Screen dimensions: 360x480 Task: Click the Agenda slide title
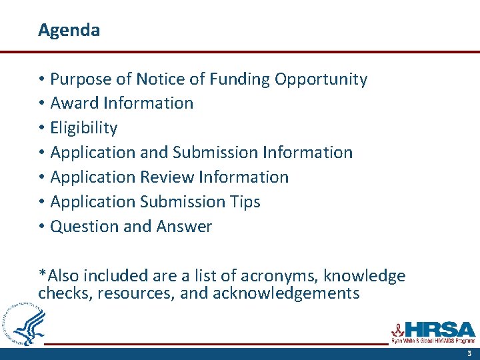[69, 31]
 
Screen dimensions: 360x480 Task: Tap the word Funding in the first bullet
[239, 79]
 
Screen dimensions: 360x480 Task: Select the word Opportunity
[321, 79]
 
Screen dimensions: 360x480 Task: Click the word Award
[72, 103]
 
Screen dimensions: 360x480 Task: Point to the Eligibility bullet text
[84, 128]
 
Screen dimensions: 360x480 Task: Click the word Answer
[184, 226]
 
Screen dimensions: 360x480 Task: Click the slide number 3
[469, 354]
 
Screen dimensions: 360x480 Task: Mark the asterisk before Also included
[42, 274]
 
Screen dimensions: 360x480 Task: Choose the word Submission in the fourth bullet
[215, 152]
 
